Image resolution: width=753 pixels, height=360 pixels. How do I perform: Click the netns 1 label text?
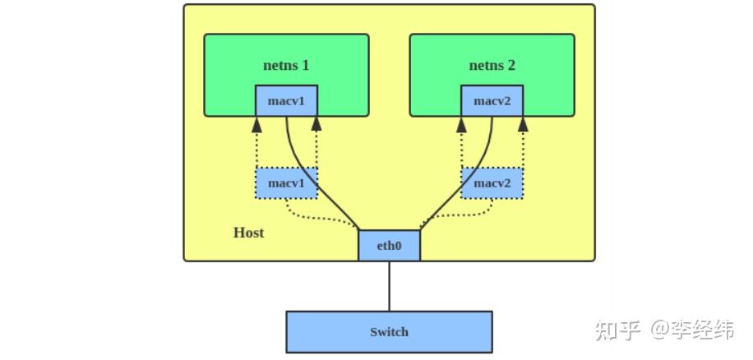286,65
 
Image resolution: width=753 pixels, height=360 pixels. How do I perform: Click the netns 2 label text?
492,65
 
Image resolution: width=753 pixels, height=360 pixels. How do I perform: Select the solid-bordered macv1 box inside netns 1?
286,101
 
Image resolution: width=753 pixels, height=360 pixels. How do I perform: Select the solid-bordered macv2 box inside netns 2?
492,101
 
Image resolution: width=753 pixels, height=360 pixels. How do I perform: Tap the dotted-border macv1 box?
286,183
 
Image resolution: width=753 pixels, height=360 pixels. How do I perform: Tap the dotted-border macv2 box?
492,183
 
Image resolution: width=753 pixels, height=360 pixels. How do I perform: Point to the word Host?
248,233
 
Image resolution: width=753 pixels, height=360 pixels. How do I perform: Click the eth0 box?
389,245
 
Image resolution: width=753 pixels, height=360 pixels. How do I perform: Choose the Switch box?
389,332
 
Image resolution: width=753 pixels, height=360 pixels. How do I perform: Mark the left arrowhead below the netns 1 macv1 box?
256,124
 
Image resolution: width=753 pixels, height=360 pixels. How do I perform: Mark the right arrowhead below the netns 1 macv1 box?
316,124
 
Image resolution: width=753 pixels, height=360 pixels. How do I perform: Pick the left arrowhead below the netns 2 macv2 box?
462,124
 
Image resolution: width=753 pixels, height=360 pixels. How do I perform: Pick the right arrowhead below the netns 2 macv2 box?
522,124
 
